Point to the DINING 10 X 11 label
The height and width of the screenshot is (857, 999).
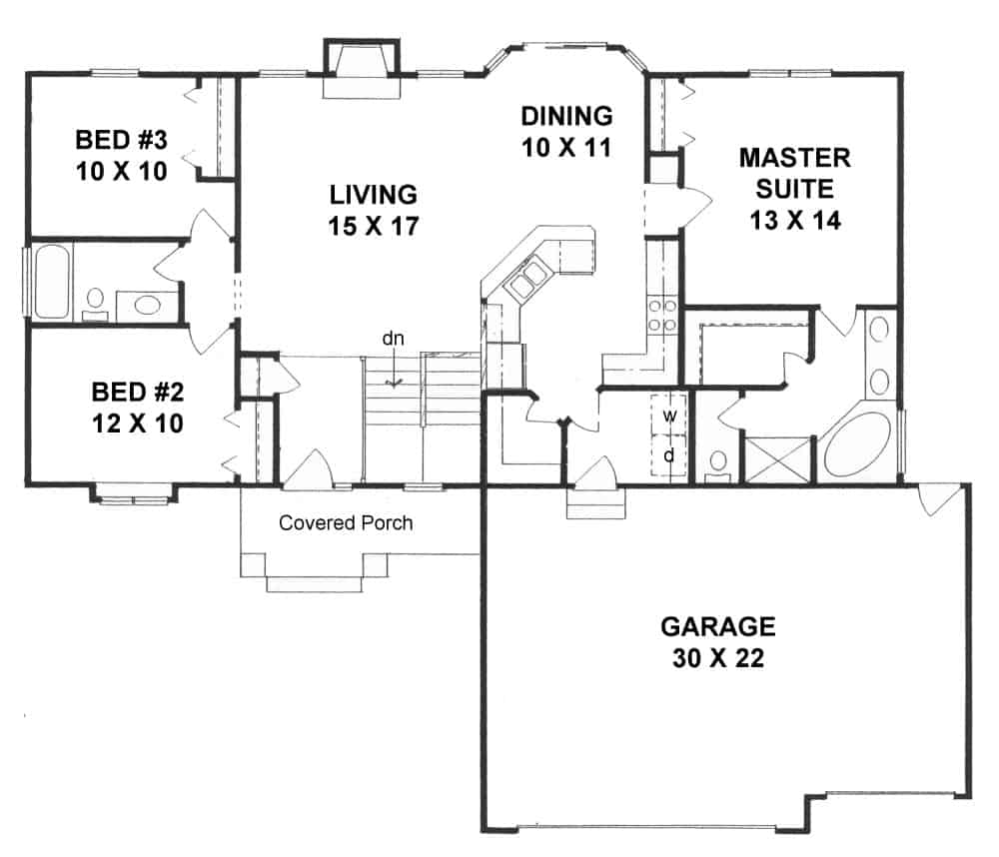565,131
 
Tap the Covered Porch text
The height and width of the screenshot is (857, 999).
346,522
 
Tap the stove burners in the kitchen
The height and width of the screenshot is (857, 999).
662,315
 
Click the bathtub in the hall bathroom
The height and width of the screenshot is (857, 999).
50,283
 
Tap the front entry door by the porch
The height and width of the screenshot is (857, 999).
312,470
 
